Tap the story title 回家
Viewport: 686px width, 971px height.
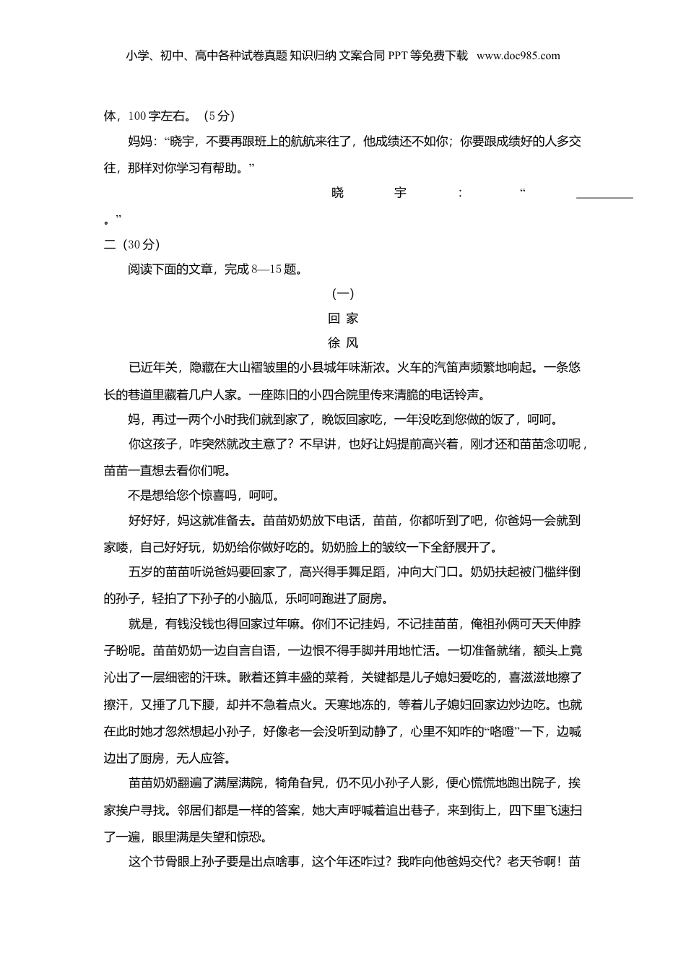(343, 318)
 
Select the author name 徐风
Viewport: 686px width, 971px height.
(343, 343)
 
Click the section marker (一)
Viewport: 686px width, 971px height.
(343, 293)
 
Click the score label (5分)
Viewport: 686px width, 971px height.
(219, 116)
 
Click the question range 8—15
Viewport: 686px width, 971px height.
(266, 269)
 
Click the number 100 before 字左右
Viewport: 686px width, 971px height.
(137, 116)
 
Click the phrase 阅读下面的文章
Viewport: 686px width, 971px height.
(170, 269)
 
